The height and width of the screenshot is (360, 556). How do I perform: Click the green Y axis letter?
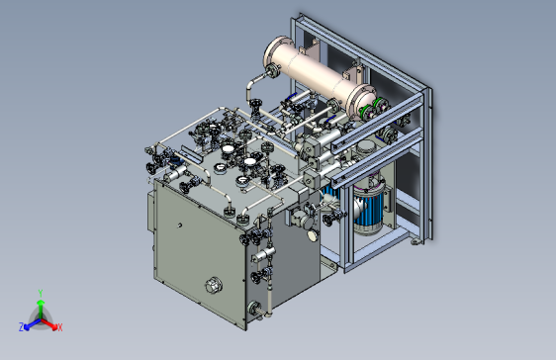coord(41,293)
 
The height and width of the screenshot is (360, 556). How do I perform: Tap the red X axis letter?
coord(60,327)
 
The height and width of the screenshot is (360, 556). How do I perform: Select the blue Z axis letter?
coord(22,327)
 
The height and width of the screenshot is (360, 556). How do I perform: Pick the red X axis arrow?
coord(48,323)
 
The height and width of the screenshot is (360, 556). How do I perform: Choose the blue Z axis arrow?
coord(32,323)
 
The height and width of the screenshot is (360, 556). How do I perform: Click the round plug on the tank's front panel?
coord(214,285)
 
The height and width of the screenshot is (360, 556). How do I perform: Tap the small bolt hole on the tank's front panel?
coord(179,225)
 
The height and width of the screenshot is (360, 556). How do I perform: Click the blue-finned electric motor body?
coord(369,209)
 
